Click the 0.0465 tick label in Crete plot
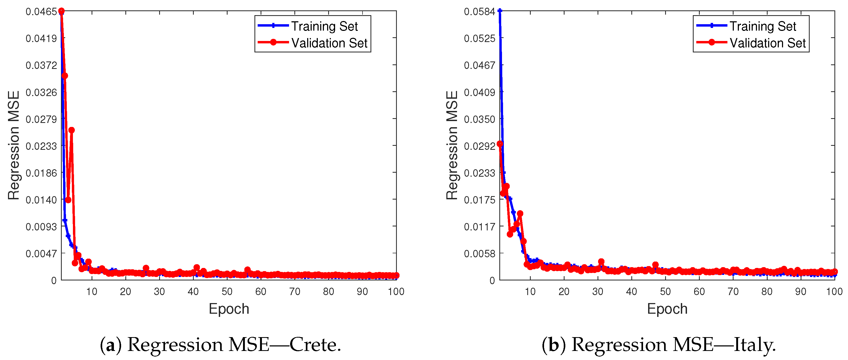[41, 12]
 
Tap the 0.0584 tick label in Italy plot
[479, 12]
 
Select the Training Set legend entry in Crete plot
[324, 26]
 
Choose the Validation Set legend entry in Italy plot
[767, 43]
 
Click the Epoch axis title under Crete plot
[229, 309]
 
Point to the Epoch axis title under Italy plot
[667, 309]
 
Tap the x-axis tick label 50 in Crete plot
[227, 292]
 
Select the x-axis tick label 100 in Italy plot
[834, 292]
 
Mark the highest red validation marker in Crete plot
[61, 11]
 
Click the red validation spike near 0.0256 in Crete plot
[71, 130]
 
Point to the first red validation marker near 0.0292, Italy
[500, 144]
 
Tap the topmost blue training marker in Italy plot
[500, 11]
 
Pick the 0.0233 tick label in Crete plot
[41, 146]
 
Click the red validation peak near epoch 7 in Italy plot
[520, 214]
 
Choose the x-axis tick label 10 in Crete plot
[92, 292]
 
